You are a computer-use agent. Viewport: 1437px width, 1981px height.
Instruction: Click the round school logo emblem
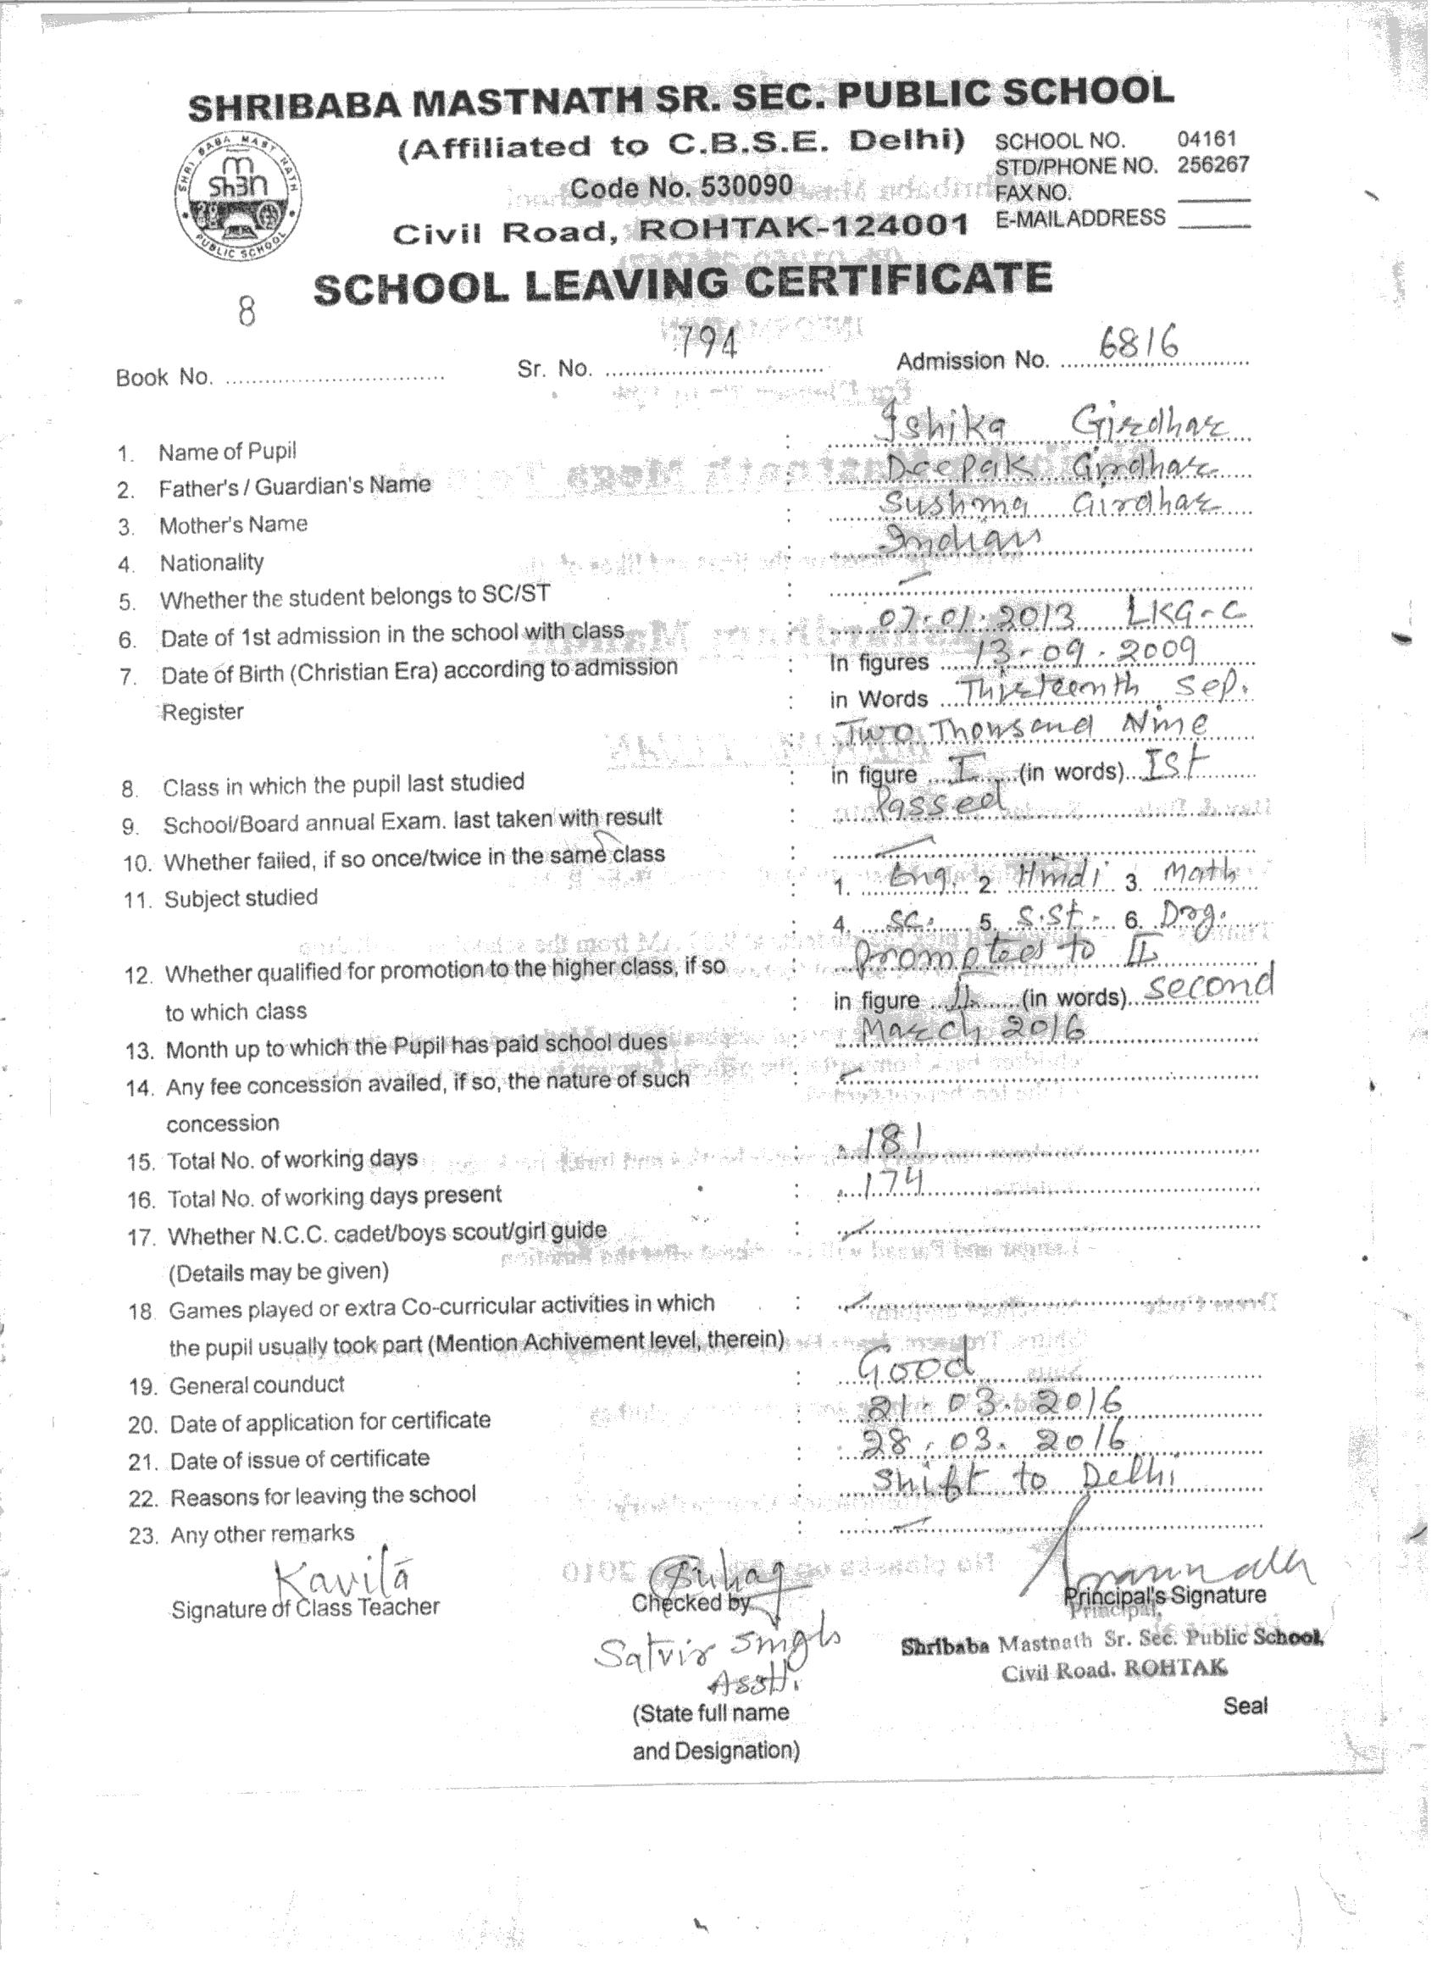[237, 199]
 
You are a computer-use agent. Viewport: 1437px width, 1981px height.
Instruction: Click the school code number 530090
[680, 187]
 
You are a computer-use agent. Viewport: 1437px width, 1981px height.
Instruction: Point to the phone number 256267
[1212, 164]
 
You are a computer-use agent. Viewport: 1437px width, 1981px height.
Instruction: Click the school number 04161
[1207, 139]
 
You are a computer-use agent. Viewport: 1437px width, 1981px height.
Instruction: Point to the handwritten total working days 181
[891, 1140]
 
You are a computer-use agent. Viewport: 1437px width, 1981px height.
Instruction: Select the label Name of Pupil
[227, 452]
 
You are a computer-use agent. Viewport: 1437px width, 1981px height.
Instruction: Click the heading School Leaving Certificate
[682, 284]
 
